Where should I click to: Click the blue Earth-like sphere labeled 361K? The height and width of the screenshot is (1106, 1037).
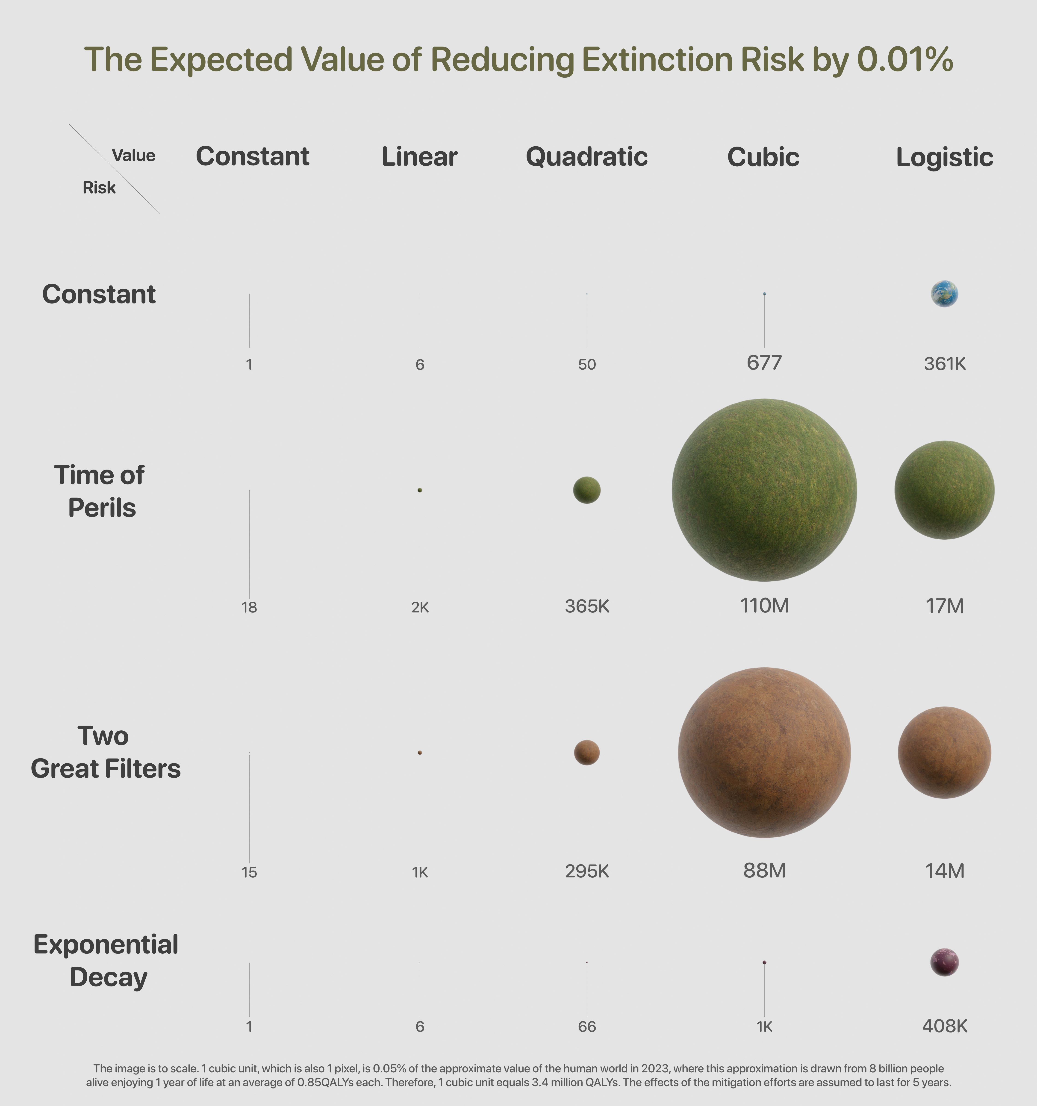click(944, 294)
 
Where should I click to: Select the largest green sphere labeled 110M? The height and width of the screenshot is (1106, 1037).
click(764, 490)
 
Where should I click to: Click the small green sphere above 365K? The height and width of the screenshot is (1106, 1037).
click(586, 490)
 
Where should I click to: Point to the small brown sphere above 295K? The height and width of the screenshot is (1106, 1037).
click(586, 753)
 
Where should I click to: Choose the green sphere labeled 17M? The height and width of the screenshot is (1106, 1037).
click(944, 490)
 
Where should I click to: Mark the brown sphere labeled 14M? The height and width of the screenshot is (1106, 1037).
click(944, 753)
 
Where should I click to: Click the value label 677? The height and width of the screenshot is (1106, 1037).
click(764, 363)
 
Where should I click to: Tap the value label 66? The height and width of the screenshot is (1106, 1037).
click(586, 1027)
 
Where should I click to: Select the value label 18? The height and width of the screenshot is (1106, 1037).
click(249, 608)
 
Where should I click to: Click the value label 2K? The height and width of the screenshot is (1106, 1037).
click(419, 608)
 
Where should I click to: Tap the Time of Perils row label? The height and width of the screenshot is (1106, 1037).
click(100, 491)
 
